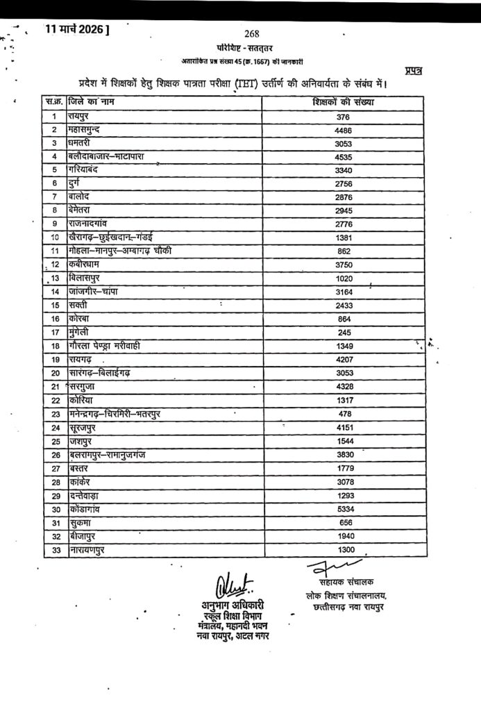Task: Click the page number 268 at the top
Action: (x=252, y=33)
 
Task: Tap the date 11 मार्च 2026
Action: (x=76, y=29)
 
